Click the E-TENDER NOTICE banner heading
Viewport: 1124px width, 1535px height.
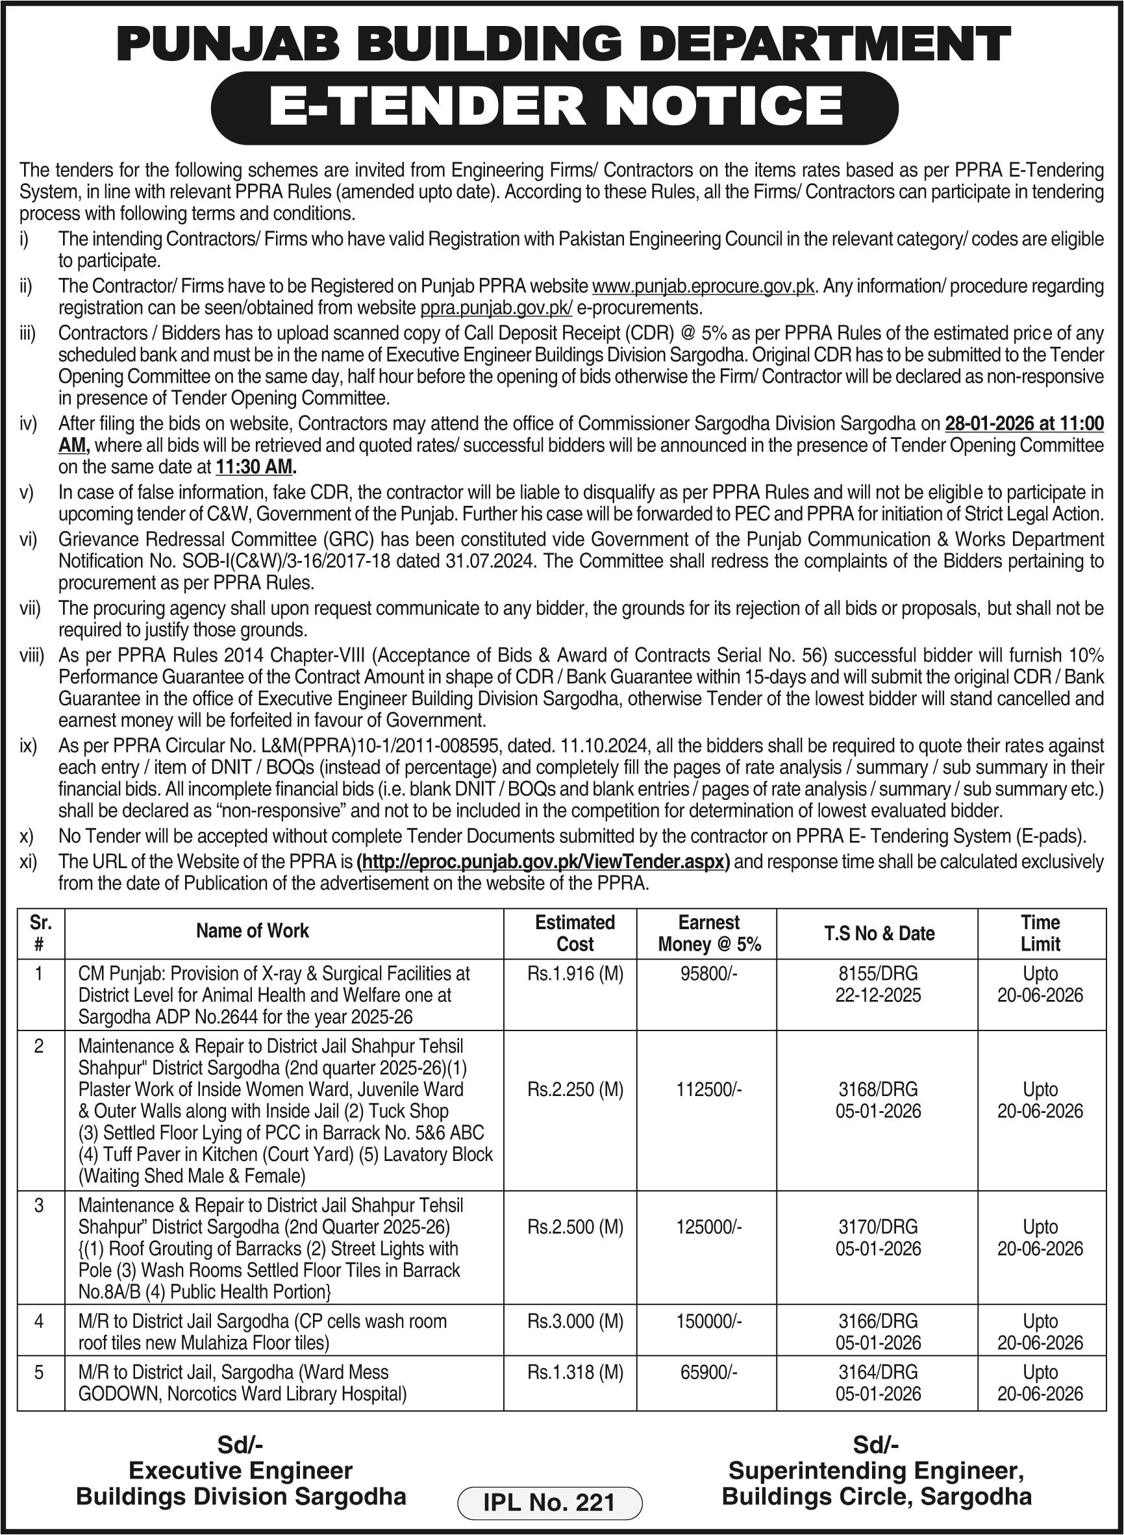(555, 107)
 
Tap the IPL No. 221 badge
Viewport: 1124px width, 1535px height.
(549, 1502)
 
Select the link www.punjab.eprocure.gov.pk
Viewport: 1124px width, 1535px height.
(703, 286)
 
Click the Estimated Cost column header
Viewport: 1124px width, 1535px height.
(575, 933)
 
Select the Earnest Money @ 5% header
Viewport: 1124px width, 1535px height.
(709, 933)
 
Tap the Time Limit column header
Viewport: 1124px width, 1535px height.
(1040, 933)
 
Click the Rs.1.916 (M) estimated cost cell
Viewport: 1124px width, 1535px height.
(575, 974)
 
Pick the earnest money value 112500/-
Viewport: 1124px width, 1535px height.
(709, 1090)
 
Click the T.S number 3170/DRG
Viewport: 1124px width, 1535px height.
(878, 1227)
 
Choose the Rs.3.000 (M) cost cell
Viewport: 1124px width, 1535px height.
(575, 1321)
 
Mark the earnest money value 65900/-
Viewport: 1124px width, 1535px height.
(709, 1372)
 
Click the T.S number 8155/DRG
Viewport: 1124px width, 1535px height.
(878, 974)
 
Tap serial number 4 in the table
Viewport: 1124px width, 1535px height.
(39, 1321)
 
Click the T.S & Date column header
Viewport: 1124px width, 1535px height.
(879, 934)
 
